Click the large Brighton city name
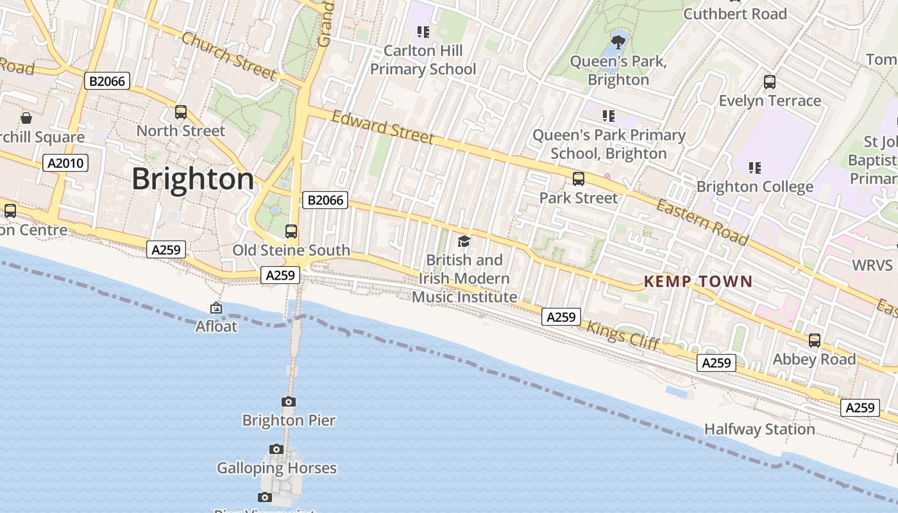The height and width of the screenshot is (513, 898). pos(193,179)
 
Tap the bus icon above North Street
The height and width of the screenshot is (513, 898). pos(181,112)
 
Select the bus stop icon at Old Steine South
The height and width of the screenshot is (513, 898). pos(291,231)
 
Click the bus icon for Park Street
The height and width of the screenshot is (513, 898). pos(579,179)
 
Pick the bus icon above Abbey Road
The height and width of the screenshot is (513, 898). pos(814,341)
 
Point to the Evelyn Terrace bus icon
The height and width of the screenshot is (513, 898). pos(770,82)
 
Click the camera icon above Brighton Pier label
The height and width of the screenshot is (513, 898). pos(289,402)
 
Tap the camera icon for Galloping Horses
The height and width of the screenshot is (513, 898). pos(276,450)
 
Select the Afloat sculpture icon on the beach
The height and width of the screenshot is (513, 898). pos(216,308)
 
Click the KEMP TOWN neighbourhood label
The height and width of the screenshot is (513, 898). pos(698,282)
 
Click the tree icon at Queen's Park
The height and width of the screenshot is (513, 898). pos(618,43)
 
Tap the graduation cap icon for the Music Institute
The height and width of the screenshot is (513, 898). pos(464,242)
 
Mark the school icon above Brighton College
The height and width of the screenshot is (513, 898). pos(754,168)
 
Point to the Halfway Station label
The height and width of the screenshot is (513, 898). pos(759,429)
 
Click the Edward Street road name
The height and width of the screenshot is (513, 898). pos(383,127)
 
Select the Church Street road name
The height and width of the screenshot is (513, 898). pos(228,55)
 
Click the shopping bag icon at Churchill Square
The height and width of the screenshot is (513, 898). pos(26,118)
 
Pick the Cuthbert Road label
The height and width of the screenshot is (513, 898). pos(735,14)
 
